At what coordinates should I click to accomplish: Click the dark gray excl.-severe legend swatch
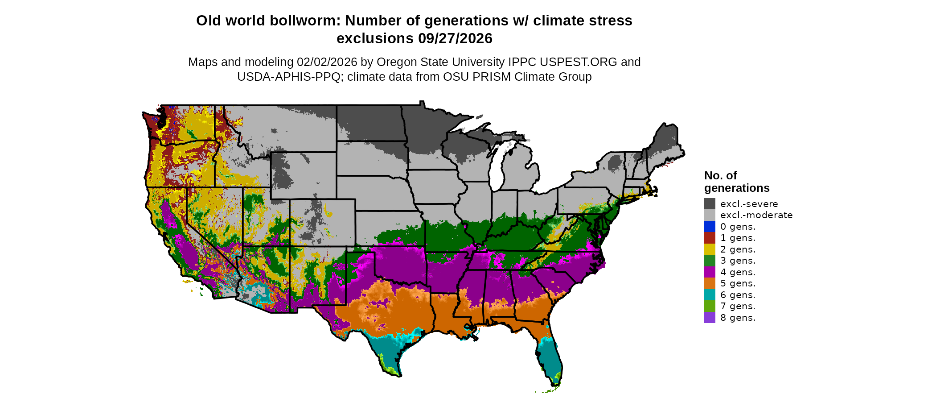[x=710, y=204]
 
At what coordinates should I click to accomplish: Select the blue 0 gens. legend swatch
[x=710, y=227]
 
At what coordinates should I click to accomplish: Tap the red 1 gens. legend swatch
[x=710, y=238]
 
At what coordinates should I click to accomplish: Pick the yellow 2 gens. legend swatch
[x=710, y=249]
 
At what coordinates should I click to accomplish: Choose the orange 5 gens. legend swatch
[x=710, y=283]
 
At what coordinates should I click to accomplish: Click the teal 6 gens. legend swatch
[x=710, y=295]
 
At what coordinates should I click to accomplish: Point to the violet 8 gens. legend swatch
[x=710, y=318]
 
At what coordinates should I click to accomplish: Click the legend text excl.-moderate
[x=756, y=215]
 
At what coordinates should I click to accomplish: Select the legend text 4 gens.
[x=738, y=272]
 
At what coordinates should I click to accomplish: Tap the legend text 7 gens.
[x=738, y=306]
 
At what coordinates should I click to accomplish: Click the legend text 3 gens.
[x=738, y=261]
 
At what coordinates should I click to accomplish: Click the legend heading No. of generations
[x=737, y=182]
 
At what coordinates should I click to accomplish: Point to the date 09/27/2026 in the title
[x=455, y=38]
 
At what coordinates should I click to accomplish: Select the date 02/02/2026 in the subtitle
[x=327, y=62]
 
